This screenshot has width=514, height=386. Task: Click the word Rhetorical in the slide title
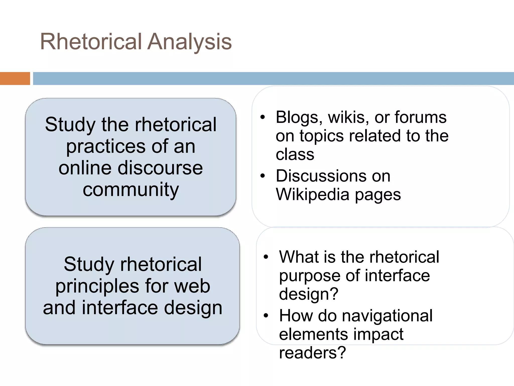click(91, 41)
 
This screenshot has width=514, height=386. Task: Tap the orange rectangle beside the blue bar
click(15, 78)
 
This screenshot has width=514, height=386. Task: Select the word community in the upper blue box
click(131, 189)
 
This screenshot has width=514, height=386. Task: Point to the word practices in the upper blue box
click(105, 147)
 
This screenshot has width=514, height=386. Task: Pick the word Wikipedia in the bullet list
click(313, 195)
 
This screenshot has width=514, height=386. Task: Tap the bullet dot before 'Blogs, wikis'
click(263, 117)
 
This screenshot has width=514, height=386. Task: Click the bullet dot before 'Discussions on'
click(263, 176)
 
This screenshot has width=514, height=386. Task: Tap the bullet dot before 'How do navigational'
click(266, 316)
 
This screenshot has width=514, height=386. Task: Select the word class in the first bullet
click(295, 154)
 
